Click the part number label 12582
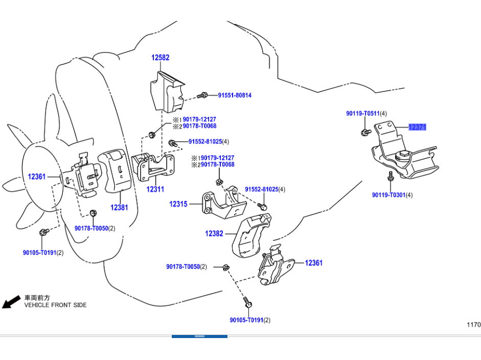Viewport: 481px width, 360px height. click(160, 58)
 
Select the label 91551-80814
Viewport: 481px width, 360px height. click(235, 95)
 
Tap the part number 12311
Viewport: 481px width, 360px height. click(155, 189)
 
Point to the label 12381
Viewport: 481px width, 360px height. click(119, 208)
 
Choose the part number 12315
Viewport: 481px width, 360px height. click(178, 204)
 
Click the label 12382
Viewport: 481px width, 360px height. click(214, 233)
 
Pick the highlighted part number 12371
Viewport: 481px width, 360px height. click(417, 127)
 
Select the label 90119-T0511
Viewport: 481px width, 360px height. click(363, 113)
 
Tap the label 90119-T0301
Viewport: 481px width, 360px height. click(389, 195)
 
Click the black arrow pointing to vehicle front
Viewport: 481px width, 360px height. click(8, 303)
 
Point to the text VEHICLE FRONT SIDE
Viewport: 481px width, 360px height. click(56, 305)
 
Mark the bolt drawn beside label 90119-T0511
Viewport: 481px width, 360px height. click(365, 133)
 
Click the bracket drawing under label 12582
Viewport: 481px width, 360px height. click(167, 92)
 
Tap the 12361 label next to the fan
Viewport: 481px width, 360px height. click(37, 177)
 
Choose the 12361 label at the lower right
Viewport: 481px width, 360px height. click(314, 263)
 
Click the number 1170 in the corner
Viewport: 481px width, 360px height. click(473, 324)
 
